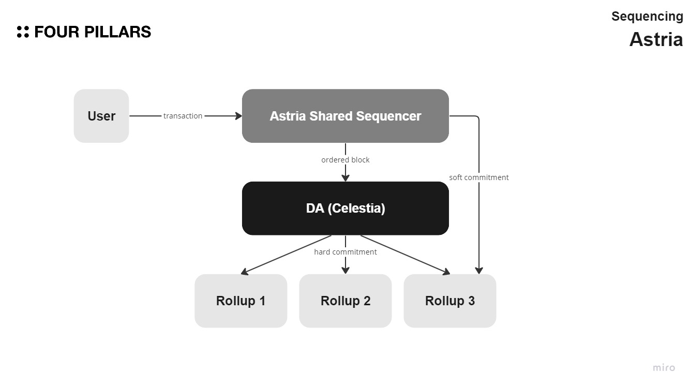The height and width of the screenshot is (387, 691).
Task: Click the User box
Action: [101, 116]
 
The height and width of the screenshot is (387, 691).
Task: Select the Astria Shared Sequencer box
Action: [345, 116]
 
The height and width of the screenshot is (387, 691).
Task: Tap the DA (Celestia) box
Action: [345, 209]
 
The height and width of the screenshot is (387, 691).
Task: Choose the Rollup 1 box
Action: [241, 301]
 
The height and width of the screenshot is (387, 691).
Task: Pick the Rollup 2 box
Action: [345, 301]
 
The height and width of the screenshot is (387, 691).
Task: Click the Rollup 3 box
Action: [449, 301]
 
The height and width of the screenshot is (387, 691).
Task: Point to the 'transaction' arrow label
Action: [183, 116]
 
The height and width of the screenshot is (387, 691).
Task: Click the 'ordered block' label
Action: [345, 160]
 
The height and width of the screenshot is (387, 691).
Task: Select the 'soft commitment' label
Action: [478, 177]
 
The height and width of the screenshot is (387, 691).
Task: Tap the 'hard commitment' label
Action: [345, 252]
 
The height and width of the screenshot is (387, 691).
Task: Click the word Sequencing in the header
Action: [647, 17]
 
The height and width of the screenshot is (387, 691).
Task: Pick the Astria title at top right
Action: [656, 39]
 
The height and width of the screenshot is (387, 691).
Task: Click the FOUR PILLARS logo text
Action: [93, 32]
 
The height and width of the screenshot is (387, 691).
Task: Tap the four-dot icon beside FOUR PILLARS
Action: [23, 32]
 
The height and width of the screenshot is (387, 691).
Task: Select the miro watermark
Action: [664, 368]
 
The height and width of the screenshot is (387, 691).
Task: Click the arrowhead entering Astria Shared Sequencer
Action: [239, 116]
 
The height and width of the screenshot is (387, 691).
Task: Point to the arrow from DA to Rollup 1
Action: [284, 255]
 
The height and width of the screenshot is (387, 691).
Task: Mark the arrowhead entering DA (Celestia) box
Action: [345, 178]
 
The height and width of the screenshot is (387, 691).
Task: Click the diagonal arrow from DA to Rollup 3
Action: [406, 255]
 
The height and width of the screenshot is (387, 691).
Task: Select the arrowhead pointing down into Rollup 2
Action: [345, 270]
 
